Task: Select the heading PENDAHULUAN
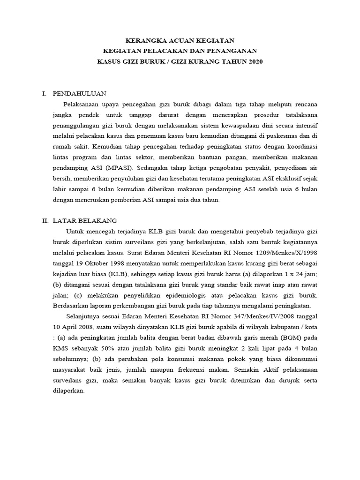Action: tap(80, 93)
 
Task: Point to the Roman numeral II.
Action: tap(45, 220)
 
